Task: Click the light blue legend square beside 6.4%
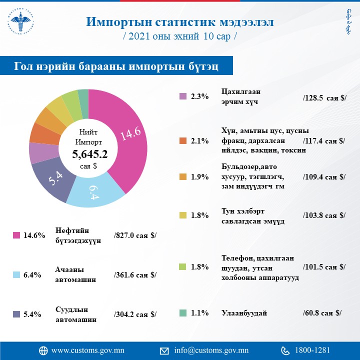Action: click(16, 274)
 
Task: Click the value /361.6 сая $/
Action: click(135, 274)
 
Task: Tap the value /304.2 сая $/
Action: click(135, 314)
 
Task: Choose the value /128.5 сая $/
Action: click(324, 98)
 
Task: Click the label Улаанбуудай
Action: click(244, 313)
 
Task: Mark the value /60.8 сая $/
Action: click(322, 313)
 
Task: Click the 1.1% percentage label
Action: click(199, 313)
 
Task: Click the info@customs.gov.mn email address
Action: click(211, 350)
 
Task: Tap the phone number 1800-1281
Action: click(312, 350)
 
